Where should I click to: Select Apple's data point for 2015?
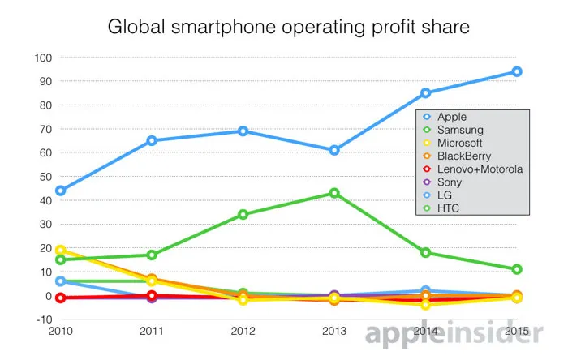517,71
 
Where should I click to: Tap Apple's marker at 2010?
60,191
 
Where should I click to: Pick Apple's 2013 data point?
334,150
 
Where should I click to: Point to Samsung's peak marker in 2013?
334,193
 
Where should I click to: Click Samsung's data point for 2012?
243,215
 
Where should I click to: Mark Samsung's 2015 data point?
517,269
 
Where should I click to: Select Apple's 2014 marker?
426,92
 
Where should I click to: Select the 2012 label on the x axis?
243,332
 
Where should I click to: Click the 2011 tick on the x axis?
152,332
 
